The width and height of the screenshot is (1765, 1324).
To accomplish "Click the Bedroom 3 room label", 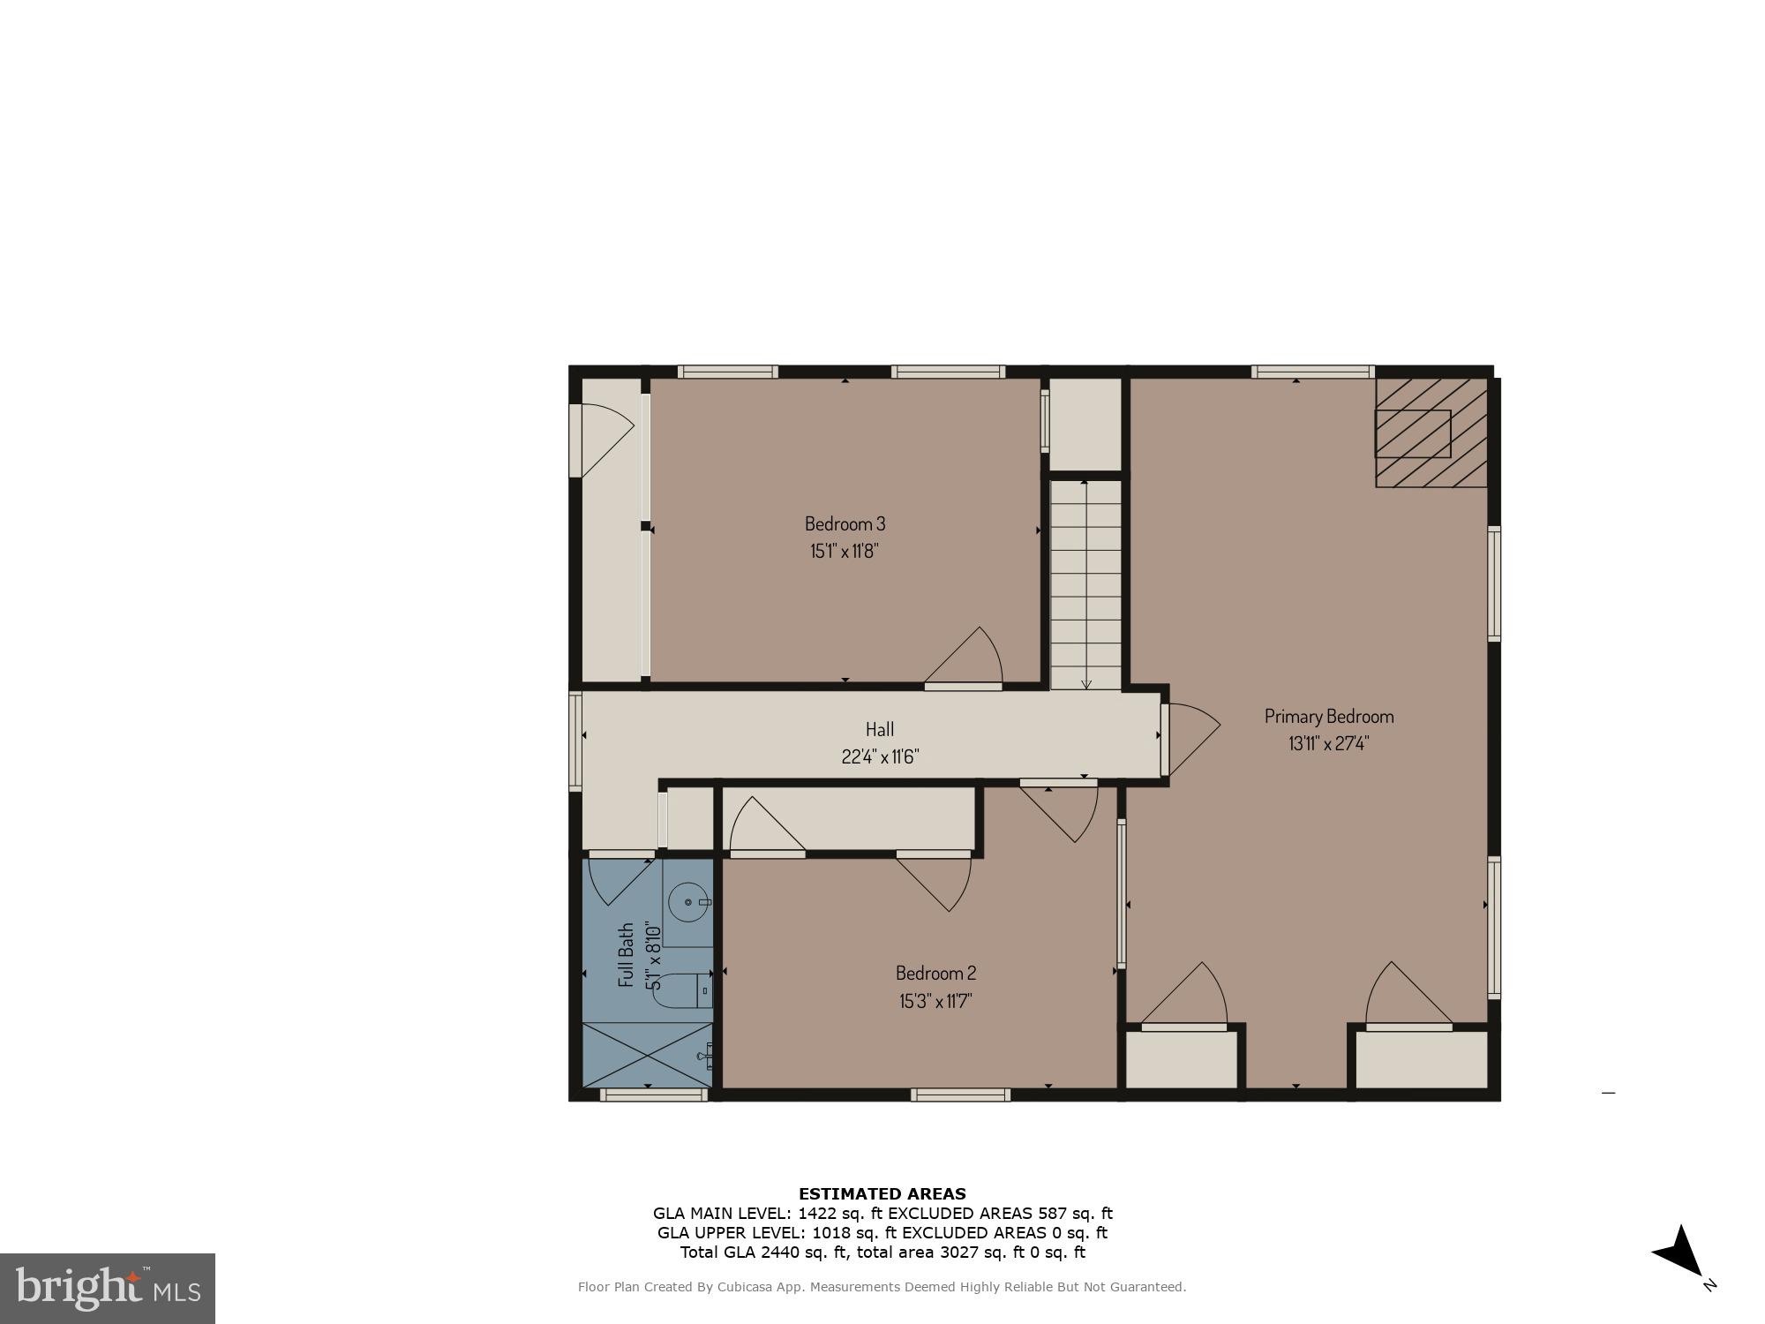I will point(845,523).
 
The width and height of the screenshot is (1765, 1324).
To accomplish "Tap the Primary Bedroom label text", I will point(1328,716).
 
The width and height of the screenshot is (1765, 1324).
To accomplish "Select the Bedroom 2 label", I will point(935,973).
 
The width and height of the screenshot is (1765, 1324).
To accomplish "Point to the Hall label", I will point(879,729).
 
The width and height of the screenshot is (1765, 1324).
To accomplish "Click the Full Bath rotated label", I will point(627,954).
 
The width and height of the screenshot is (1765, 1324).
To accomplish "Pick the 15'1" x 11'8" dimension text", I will point(845,552).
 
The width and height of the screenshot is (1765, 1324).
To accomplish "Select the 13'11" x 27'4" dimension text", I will point(1328,743).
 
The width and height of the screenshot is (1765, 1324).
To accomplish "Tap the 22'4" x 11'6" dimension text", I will point(879,756).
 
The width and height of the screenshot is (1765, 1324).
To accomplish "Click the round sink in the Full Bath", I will point(687,903).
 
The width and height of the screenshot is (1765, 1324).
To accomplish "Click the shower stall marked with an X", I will point(647,1055).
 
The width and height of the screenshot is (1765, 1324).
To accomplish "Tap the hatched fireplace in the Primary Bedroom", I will point(1430,433).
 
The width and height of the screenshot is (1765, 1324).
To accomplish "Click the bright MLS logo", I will point(108,1289).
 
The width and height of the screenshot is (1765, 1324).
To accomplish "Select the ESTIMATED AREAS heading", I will point(882,1194).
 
